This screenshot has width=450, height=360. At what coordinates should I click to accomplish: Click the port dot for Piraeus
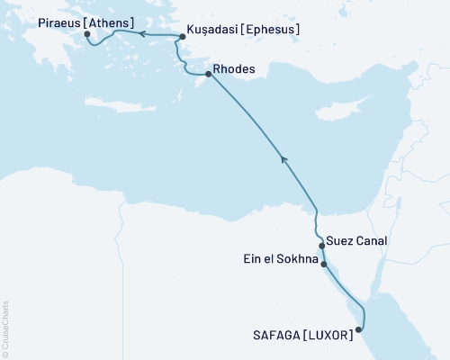(87, 34)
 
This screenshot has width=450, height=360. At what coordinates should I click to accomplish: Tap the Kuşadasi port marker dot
(183, 37)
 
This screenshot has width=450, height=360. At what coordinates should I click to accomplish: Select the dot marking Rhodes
(209, 74)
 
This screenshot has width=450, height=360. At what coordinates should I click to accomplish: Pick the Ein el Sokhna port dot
(323, 265)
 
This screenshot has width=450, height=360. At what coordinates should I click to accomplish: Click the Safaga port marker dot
(359, 329)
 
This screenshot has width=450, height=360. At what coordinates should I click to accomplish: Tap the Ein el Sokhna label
(283, 259)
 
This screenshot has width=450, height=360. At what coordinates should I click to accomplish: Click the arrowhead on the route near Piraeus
(141, 33)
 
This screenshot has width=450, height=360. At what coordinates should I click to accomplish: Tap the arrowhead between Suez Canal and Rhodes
(284, 160)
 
